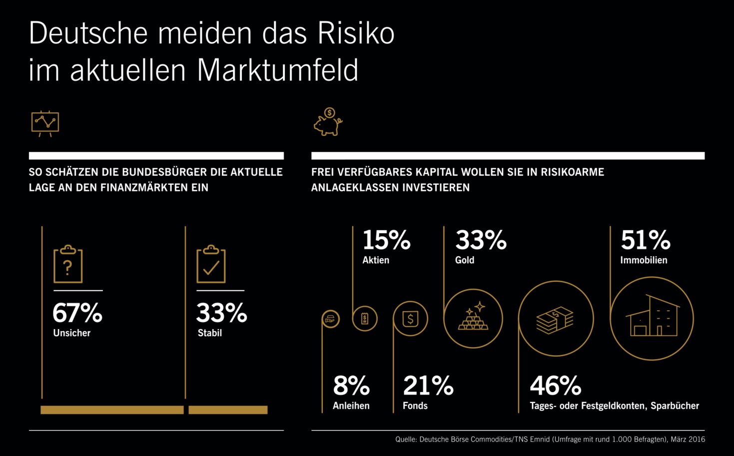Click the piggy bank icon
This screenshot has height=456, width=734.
click(x=328, y=122)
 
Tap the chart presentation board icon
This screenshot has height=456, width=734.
click(x=45, y=123)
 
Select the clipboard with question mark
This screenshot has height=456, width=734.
click(x=68, y=265)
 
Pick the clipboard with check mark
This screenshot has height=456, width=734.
click(x=211, y=265)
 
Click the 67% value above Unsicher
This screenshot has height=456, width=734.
click(x=77, y=313)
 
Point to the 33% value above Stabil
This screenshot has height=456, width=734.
click(x=221, y=313)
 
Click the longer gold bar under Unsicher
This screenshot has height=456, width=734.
click(x=112, y=410)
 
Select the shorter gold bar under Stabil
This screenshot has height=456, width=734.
click(x=228, y=410)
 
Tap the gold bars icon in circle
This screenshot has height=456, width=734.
click(x=473, y=319)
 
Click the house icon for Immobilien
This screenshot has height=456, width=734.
click(x=652, y=319)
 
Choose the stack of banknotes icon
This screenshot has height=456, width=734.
click(x=555, y=319)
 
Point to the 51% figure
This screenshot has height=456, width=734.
click(x=645, y=240)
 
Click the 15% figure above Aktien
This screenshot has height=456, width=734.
click(x=386, y=240)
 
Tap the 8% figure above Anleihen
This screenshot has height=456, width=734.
click(x=351, y=386)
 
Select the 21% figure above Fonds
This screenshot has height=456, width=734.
click(x=428, y=386)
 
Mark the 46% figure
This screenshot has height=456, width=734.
click(x=556, y=386)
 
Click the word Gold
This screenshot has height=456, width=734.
click(x=465, y=260)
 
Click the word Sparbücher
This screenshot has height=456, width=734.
click(x=675, y=406)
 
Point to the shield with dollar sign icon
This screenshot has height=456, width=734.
click(x=410, y=319)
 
